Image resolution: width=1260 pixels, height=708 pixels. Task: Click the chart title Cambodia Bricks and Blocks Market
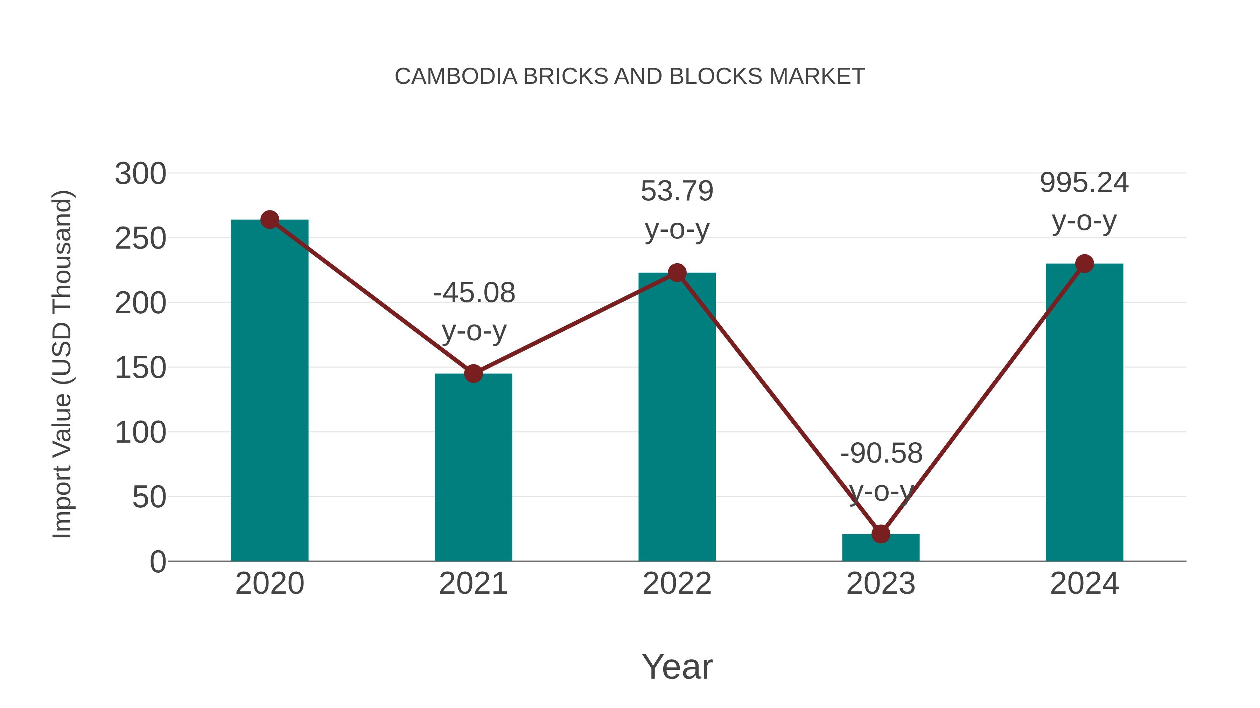[x=630, y=76]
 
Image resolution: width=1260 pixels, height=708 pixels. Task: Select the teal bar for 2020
[x=269, y=391]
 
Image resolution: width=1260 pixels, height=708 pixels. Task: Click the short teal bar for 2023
[x=881, y=548]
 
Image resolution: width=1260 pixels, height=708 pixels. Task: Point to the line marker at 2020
[x=269, y=220]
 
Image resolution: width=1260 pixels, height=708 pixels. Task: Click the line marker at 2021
[x=473, y=374]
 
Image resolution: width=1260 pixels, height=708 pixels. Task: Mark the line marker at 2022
[x=677, y=273]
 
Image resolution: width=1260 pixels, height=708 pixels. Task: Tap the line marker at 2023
[x=881, y=534]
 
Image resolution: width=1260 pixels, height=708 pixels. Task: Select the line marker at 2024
[x=1084, y=264]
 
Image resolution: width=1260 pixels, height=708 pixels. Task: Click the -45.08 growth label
[x=474, y=293]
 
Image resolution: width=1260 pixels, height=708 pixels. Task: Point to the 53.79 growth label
[x=677, y=191]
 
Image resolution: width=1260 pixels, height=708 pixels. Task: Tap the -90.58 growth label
[x=881, y=453]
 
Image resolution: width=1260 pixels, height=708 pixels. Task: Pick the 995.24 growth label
[x=1084, y=183]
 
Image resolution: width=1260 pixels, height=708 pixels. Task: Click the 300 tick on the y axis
[x=140, y=174]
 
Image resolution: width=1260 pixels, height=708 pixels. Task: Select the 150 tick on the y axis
[x=140, y=368]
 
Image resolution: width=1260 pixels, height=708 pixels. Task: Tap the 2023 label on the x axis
[x=881, y=584]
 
